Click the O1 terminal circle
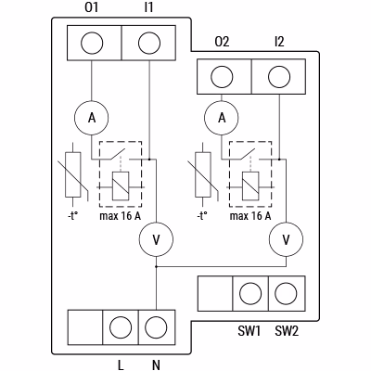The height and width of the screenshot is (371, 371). tap(92, 43)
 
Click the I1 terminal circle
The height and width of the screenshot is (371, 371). tap(149, 43)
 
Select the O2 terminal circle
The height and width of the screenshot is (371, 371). tap(222, 77)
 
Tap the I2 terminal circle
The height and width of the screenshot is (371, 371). tap(279, 77)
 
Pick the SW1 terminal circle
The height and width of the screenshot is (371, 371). tap(250, 293)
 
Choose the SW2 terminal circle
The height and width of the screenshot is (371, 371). tap(286, 293)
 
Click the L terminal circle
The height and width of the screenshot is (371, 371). tap(121, 327)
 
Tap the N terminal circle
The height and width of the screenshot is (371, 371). tap(156, 327)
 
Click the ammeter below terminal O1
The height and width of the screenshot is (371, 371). tap(92, 118)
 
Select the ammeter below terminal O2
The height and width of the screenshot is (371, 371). tap(222, 118)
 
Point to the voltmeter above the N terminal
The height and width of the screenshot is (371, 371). tap(156, 239)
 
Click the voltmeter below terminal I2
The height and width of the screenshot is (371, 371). tap(287, 239)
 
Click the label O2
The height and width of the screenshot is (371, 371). tap(222, 42)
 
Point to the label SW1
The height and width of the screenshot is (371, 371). tap(249, 331)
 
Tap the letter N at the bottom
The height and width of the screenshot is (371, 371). tap(157, 365)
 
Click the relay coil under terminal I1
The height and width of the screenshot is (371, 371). tap(121, 185)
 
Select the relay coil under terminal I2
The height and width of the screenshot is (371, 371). tap(250, 185)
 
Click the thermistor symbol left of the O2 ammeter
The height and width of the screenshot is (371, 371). tap(203, 174)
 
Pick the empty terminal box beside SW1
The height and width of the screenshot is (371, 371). tap(215, 293)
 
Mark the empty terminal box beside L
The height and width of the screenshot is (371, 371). tap(85, 327)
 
